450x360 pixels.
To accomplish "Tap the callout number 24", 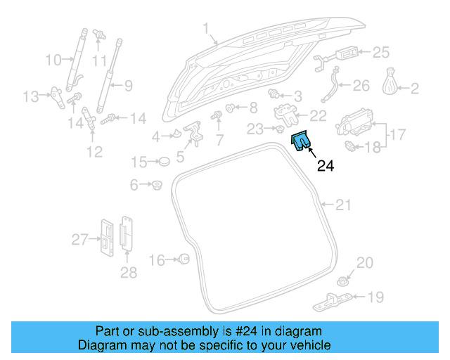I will (x=326, y=166).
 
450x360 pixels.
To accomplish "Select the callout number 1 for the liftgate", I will (x=206, y=29).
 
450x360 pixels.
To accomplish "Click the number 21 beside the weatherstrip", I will (x=342, y=205).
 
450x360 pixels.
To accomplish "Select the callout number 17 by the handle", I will (x=397, y=134).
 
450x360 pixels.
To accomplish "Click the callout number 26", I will (x=360, y=86).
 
